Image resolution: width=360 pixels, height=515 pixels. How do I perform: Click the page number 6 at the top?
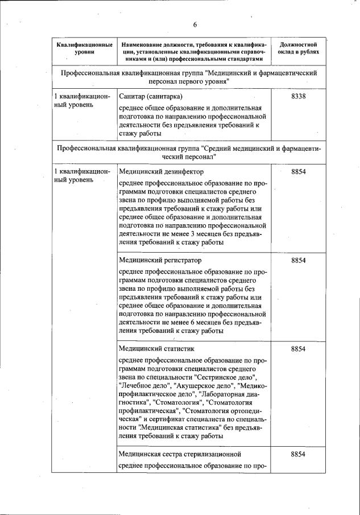(195, 25)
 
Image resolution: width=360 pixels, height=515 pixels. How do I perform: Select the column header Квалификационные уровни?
(84, 48)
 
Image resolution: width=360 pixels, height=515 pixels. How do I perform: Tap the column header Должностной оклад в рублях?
(299, 48)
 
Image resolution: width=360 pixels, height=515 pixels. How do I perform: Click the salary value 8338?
(299, 97)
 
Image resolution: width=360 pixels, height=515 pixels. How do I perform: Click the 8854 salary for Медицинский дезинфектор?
(299, 171)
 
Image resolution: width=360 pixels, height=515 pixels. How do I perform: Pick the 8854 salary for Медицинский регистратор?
(299, 260)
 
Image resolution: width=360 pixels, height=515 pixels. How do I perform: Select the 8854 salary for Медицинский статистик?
(299, 349)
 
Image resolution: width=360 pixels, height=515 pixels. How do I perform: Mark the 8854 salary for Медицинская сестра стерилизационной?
(299, 454)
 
